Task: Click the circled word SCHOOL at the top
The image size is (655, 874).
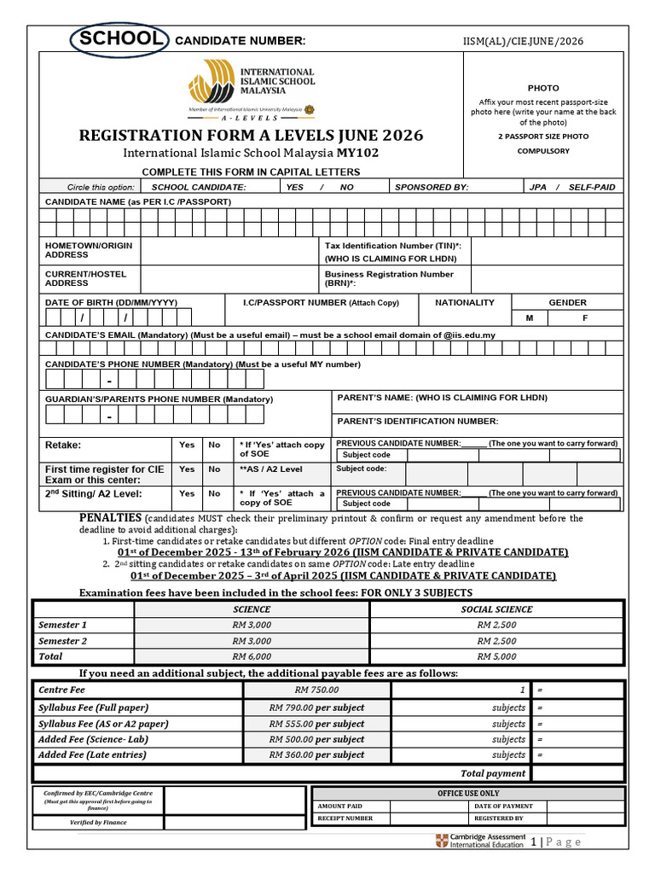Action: tap(119, 39)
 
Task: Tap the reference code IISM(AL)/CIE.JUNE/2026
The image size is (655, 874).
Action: tap(524, 42)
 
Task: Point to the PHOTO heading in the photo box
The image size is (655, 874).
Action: tap(543, 88)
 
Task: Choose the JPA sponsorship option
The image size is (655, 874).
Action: tap(538, 187)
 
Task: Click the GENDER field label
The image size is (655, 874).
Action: tap(567, 302)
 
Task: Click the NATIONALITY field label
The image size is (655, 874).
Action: tap(464, 302)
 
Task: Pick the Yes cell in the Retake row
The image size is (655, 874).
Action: tap(187, 445)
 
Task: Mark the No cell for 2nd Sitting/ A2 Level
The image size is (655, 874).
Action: tap(214, 493)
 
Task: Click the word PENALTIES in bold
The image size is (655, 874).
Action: tap(110, 518)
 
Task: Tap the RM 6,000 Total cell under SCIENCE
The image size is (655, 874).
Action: tap(252, 656)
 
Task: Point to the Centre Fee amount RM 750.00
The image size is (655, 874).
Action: tap(316, 690)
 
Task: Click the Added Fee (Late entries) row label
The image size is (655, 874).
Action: tap(92, 755)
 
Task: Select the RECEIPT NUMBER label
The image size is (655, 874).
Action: tap(345, 818)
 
